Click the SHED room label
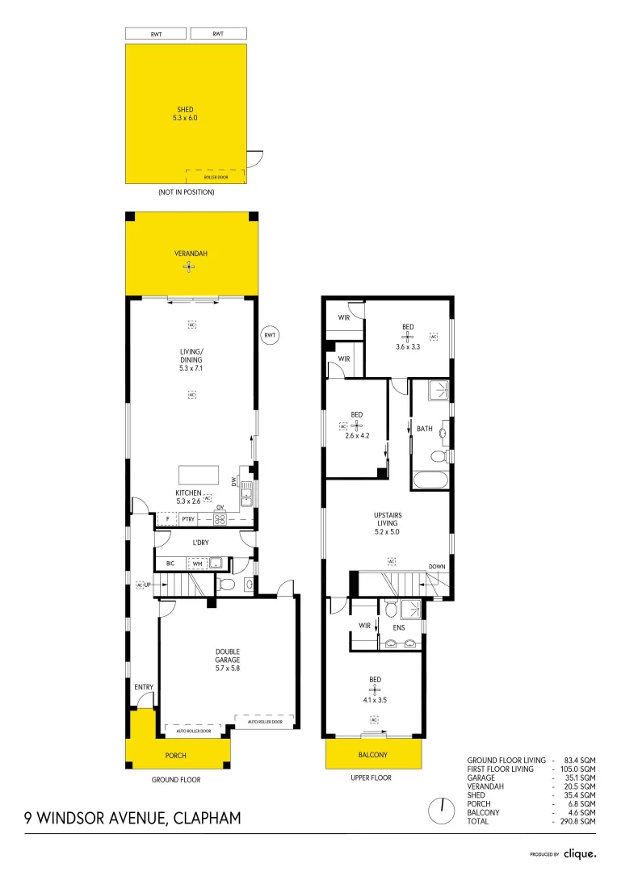[x=186, y=109]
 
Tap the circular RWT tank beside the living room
[x=270, y=335]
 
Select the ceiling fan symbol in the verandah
[x=188, y=266]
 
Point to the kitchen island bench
[x=199, y=473]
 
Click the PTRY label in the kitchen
[x=188, y=519]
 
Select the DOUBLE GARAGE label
[x=227, y=656]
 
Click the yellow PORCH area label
[x=175, y=756]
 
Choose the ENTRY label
[x=144, y=687]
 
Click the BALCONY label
[x=372, y=756]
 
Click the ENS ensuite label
[x=398, y=626]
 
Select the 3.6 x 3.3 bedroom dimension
[x=408, y=346]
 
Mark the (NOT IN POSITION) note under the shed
[x=186, y=192]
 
